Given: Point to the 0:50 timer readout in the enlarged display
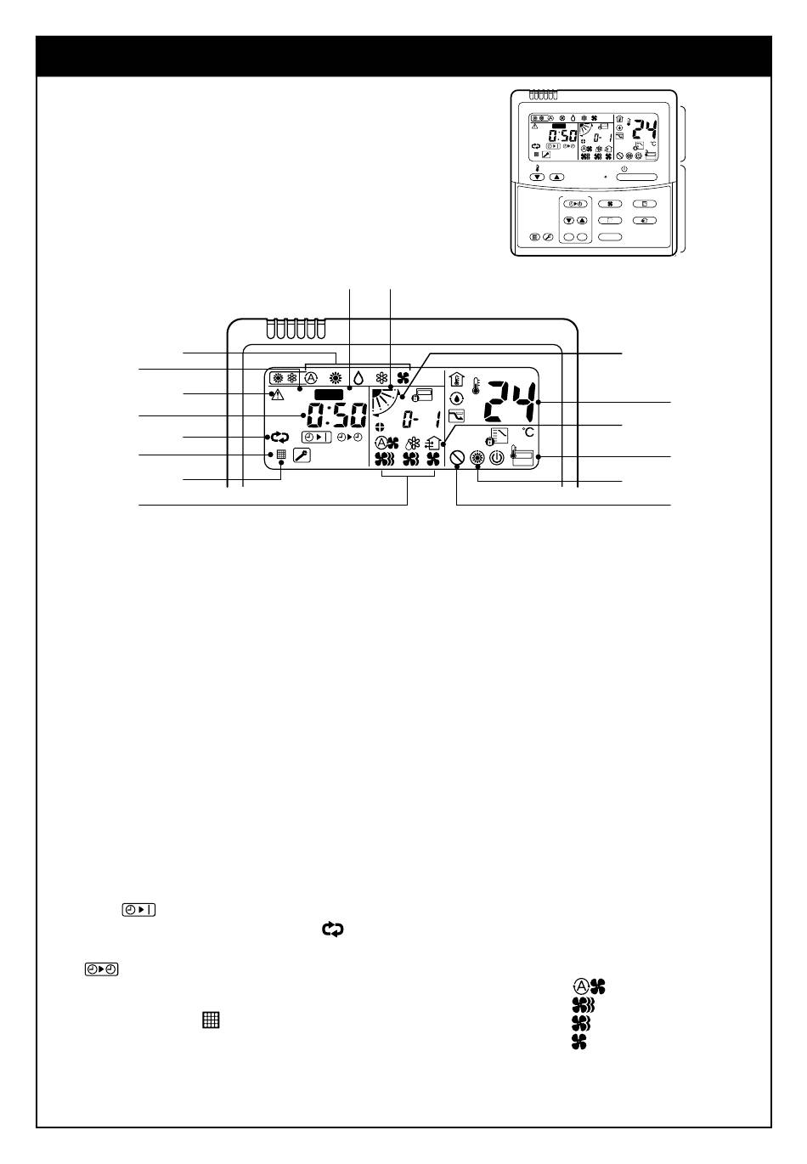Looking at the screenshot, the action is click(x=336, y=415).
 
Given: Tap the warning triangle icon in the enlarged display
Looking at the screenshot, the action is click(x=278, y=394).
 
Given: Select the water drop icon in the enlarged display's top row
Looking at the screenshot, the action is click(x=358, y=378).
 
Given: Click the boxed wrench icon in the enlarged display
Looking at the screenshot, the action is click(x=302, y=455).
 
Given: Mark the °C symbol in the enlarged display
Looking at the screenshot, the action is click(x=528, y=432).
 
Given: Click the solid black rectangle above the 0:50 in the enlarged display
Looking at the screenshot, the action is click(x=329, y=394).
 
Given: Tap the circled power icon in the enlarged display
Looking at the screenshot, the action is click(x=497, y=458).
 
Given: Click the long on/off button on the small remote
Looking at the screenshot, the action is click(x=636, y=178).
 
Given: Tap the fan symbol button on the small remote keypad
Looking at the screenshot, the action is click(x=610, y=204).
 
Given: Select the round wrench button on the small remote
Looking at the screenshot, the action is click(x=548, y=237).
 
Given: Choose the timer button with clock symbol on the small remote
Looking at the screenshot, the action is click(x=575, y=204).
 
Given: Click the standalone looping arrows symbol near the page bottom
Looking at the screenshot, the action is click(x=333, y=930).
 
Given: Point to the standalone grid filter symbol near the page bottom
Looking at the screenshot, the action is click(x=211, y=1020).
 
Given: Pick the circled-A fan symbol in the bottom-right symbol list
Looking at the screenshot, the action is click(x=590, y=986).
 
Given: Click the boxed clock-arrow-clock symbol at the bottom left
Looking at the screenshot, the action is click(x=101, y=969).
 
